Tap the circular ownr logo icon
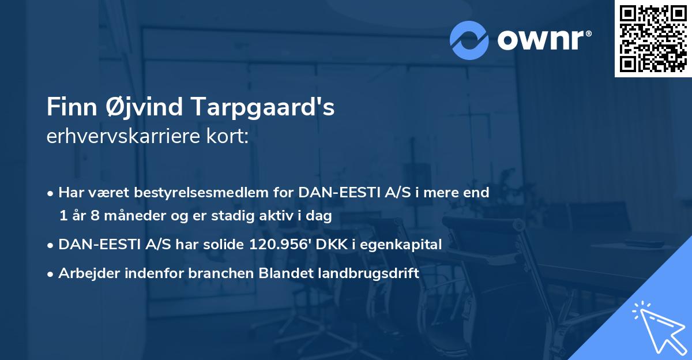(469, 40)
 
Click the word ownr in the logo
(543, 40)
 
